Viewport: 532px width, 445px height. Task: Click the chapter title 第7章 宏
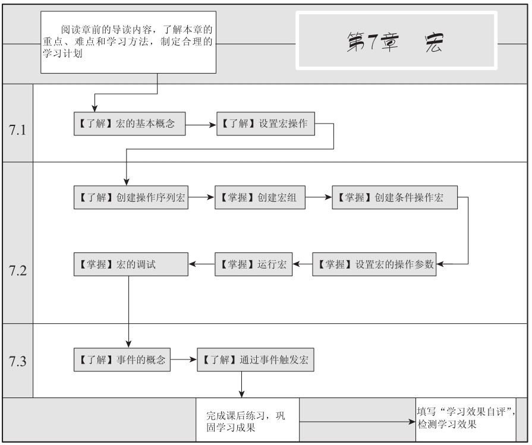[395, 43]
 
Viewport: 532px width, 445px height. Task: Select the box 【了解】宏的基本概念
[130, 124]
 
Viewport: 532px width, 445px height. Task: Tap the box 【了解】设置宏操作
[266, 124]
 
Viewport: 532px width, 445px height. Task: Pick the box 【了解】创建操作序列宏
[131, 197]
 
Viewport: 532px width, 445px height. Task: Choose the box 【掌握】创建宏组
[260, 197]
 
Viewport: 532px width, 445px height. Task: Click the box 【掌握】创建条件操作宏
[395, 197]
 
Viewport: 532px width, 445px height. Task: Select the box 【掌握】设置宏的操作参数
[374, 264]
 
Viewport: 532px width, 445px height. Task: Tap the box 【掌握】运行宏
[253, 264]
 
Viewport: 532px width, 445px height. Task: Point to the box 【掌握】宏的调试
[131, 264]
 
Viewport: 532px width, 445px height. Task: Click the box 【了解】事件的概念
[122, 360]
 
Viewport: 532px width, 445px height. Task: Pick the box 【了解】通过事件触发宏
[256, 360]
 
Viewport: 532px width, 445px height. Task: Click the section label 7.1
[18, 130]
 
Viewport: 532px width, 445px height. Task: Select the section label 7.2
[18, 271]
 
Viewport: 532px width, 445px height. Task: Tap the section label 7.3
[18, 362]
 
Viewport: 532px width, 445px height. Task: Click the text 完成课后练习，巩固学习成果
[245, 422]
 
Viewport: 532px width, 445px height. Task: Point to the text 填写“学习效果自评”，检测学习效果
[466, 418]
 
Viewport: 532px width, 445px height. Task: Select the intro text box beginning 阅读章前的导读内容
[128, 42]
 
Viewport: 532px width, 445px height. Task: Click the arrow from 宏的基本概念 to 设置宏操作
[201, 125]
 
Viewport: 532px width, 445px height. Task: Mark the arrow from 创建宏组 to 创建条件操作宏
[319, 197]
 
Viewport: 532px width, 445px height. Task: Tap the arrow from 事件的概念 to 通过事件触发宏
[184, 359]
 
